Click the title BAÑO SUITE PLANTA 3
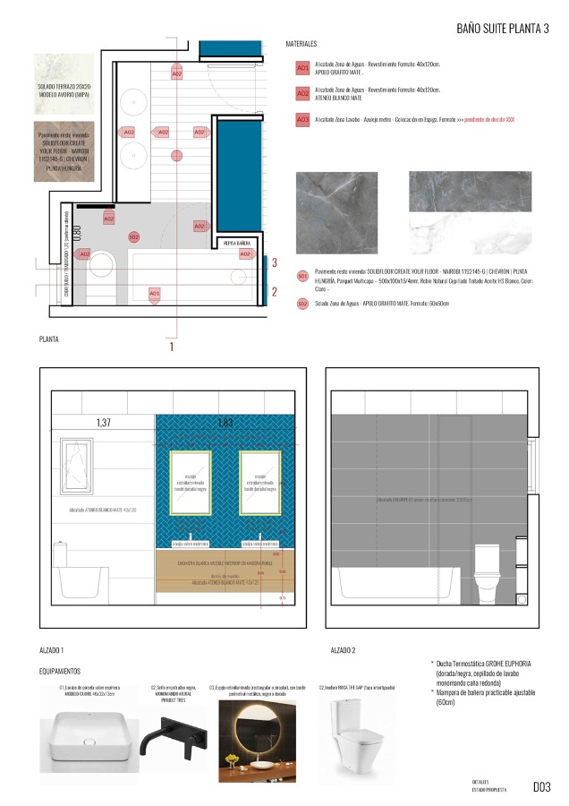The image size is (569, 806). point(503,28)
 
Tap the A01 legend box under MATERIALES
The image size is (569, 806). point(302,67)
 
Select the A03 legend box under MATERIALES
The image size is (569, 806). point(302,119)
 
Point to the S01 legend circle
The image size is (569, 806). point(302,276)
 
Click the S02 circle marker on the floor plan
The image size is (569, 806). point(133,236)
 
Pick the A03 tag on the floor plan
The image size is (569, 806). point(129,133)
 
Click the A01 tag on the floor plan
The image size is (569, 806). point(154,293)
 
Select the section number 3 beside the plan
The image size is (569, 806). point(275,262)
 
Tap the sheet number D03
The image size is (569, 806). point(541,787)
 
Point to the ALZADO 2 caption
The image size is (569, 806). point(344,649)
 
